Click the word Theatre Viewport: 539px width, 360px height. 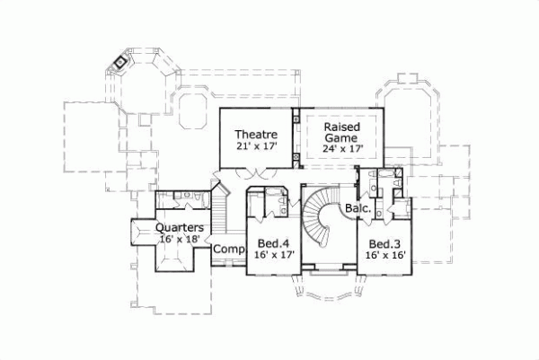tap(256, 134)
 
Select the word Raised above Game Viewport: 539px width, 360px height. tap(341, 127)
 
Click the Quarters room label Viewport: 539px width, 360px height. tap(179, 228)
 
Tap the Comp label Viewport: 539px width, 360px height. tap(228, 248)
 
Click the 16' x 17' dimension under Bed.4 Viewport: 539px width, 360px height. tap(273, 256)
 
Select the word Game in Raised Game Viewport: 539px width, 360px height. tap(341, 139)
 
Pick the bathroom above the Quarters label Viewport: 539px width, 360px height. tap(181, 199)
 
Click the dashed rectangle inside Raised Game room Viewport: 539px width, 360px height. tap(341, 138)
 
